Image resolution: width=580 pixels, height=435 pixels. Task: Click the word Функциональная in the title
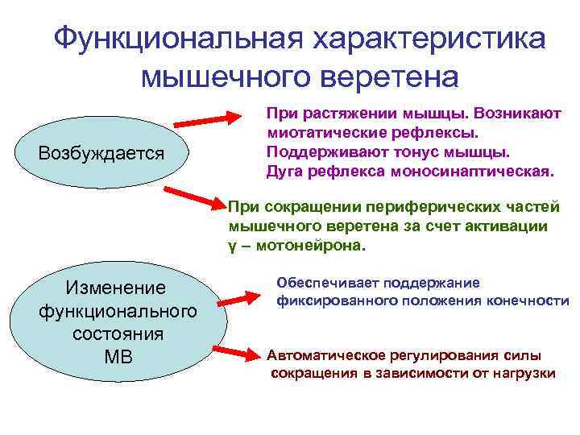[x=176, y=39]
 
